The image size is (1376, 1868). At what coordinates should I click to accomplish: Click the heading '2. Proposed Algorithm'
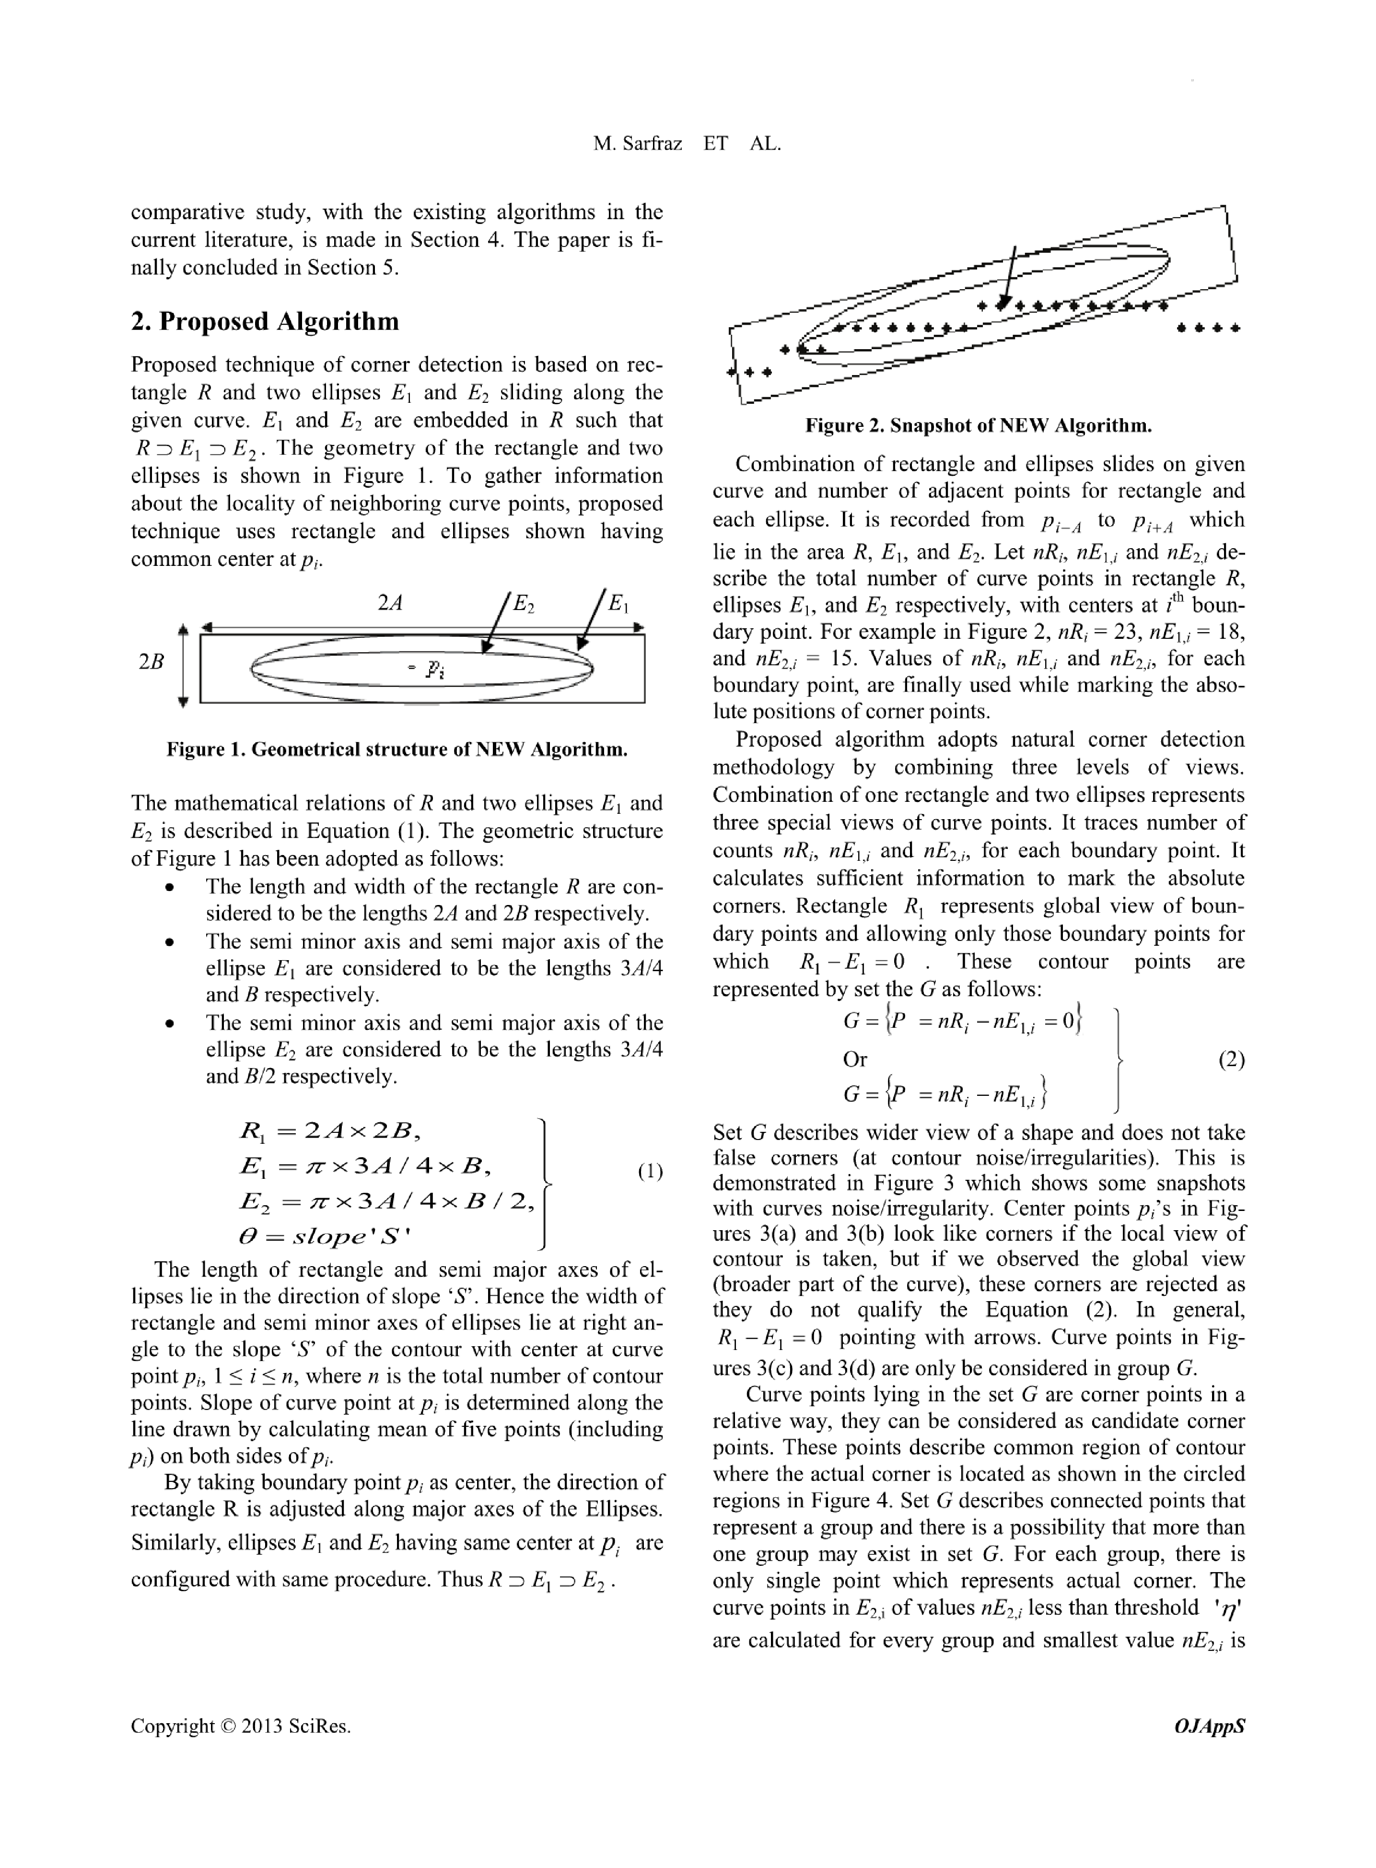[265, 322]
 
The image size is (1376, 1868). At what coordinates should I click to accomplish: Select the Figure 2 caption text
[978, 426]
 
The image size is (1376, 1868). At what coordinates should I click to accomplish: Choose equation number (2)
[1230, 1060]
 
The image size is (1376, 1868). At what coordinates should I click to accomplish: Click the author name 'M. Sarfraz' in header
[637, 143]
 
